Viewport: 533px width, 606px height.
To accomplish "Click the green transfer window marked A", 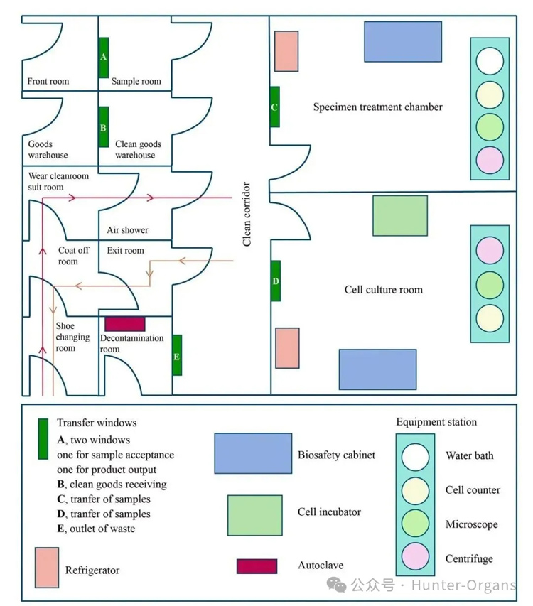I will (104, 58).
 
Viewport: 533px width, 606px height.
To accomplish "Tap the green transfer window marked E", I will (177, 355).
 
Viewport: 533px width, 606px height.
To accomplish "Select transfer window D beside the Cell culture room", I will (275, 281).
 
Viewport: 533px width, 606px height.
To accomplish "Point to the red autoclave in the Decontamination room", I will (125, 324).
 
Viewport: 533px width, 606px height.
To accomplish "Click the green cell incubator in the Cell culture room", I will (400, 215).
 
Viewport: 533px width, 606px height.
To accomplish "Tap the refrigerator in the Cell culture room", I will (287, 348).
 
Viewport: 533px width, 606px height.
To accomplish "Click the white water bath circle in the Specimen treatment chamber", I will (490, 60).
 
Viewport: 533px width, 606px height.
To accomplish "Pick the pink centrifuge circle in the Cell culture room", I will (490, 251).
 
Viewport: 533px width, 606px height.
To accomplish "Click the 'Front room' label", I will (48, 82).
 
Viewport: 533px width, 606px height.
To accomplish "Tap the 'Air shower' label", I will (127, 230).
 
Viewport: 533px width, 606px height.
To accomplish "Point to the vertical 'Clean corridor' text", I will (247, 214).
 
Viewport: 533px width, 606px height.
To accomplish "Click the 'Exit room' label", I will (125, 251).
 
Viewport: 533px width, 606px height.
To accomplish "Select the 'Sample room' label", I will (136, 82).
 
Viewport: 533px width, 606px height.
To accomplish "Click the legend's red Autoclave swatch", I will (257, 566).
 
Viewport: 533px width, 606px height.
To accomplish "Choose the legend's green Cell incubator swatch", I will (255, 515).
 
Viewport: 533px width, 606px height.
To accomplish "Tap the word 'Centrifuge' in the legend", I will (469, 558).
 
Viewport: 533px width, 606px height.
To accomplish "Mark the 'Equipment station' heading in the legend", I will (436, 422).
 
